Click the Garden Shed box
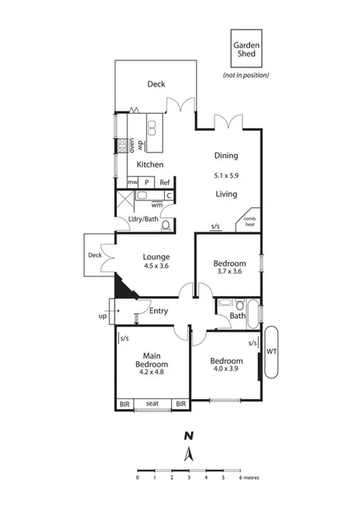247,49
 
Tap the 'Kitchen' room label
149,166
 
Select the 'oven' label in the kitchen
132,144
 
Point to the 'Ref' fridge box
165,183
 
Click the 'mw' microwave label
132,183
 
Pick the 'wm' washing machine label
157,205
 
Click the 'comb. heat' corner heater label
250,221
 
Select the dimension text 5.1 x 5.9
226,176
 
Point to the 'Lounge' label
156,257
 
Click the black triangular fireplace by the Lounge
124,287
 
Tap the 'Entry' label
159,311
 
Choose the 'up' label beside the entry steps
103,316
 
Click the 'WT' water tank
271,351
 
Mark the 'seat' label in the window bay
152,403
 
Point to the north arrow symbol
188,452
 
